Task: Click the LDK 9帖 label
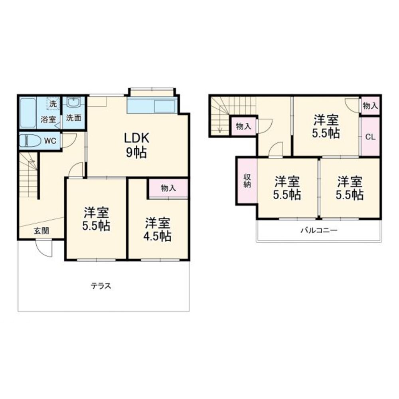pyautogui.click(x=136, y=145)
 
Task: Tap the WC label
pyautogui.click(x=50, y=141)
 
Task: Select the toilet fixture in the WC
pyautogui.click(x=30, y=141)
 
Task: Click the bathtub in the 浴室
pyautogui.click(x=28, y=113)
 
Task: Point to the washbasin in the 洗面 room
pyautogui.click(x=74, y=102)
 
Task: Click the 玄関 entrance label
pyautogui.click(x=41, y=231)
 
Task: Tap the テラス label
pyautogui.click(x=101, y=286)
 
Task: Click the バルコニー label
pyautogui.click(x=319, y=230)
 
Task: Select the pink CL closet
pyautogui.click(x=370, y=137)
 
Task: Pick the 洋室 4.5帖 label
pyautogui.click(x=157, y=230)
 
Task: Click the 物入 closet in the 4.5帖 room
pyautogui.click(x=168, y=188)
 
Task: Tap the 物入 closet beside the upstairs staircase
pyautogui.click(x=243, y=126)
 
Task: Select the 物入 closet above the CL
pyautogui.click(x=370, y=105)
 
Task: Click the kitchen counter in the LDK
pyautogui.click(x=152, y=106)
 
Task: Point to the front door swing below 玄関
pyautogui.click(x=43, y=249)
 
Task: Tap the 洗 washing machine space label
pyautogui.click(x=53, y=104)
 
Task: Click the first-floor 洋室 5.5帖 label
pyautogui.click(x=96, y=219)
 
